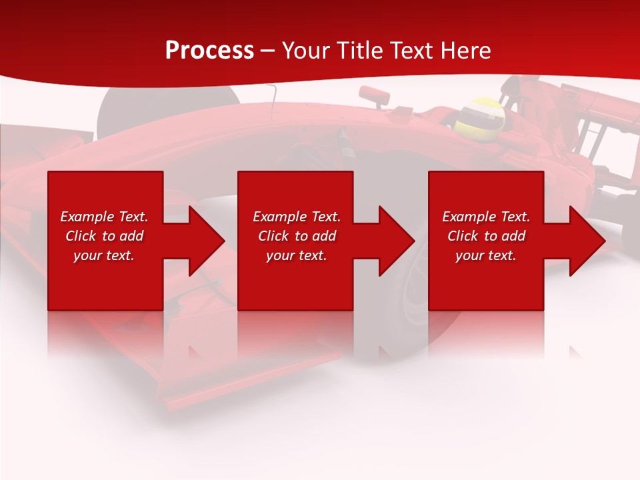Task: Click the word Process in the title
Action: click(209, 51)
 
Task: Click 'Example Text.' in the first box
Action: click(104, 217)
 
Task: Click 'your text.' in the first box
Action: click(104, 255)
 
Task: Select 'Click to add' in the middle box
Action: click(297, 236)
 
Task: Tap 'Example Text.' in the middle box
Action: click(297, 217)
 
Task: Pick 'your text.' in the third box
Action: click(486, 255)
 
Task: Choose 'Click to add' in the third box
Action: click(486, 236)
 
